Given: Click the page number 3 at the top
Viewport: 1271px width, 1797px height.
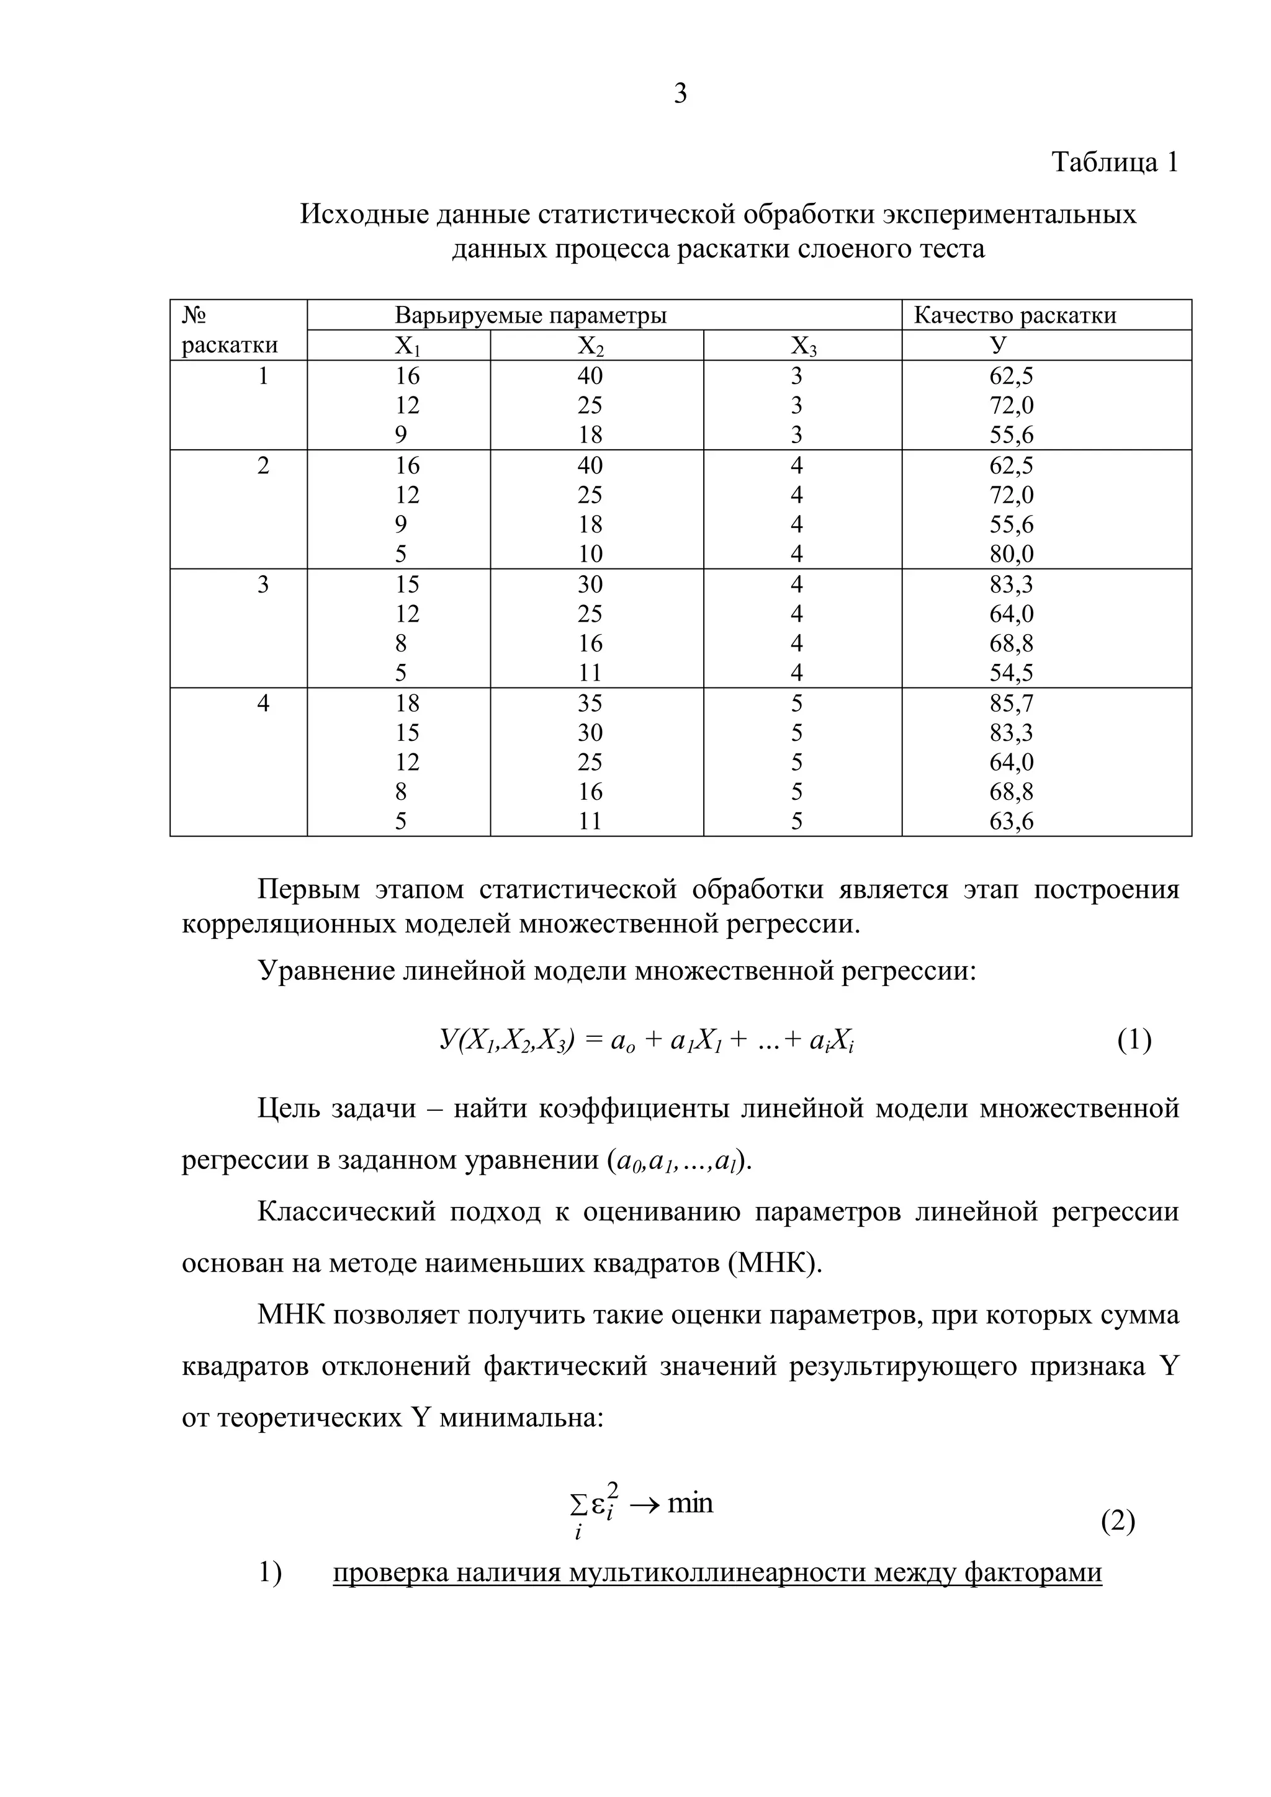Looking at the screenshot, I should point(680,94).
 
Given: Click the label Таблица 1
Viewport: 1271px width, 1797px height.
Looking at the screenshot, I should point(1114,162).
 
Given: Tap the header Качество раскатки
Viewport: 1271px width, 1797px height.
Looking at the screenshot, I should point(1014,315).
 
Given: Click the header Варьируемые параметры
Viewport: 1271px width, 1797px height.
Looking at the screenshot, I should point(531,315).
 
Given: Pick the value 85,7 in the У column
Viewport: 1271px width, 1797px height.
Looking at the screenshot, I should point(1011,704).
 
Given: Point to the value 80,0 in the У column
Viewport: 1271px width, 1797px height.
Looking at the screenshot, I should point(1011,554).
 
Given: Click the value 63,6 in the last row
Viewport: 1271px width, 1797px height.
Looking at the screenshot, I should point(1011,822).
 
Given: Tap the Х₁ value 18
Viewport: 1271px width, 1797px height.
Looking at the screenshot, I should point(407,704).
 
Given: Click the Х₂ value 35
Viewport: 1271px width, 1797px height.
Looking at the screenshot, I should point(590,704).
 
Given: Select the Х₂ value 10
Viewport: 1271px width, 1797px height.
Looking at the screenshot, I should point(590,554).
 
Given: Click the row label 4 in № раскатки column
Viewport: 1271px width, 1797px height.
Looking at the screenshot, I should point(263,704).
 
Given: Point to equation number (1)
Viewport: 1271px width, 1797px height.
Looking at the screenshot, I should point(1134,1040).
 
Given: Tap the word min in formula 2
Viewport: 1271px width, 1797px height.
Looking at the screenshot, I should point(690,1503).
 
